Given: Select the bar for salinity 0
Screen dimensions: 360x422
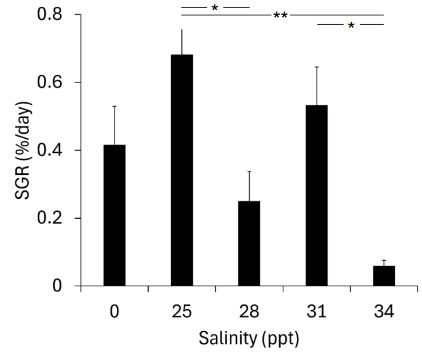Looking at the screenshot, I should (114, 216).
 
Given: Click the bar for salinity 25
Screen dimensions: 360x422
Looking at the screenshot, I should (182, 171).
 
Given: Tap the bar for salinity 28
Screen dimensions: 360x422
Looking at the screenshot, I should (249, 243).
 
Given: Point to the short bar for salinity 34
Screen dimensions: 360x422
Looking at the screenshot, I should (384, 276).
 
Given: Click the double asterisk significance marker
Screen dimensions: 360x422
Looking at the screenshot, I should (281, 16).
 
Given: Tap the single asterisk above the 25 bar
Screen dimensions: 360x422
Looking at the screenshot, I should (215, 8).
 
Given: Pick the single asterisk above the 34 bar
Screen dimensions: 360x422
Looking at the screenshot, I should (351, 26).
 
